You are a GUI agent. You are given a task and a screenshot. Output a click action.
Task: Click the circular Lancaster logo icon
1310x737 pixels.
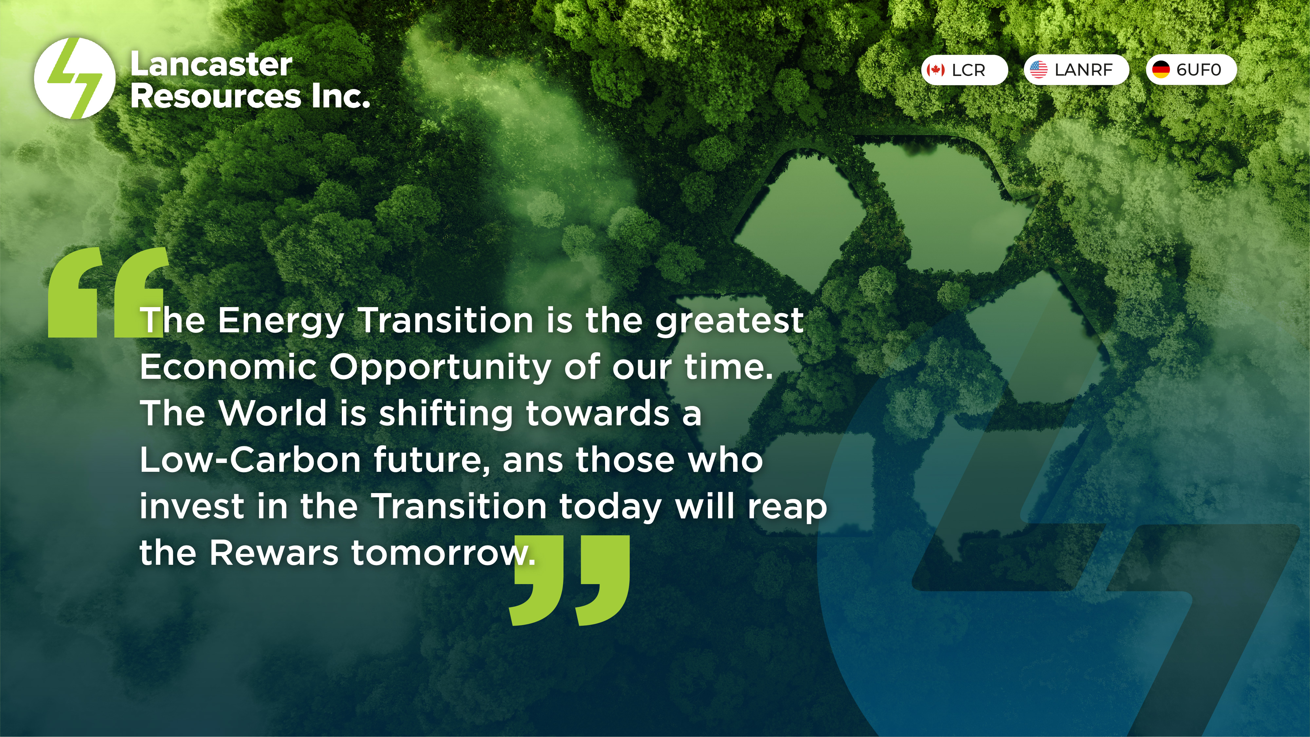click(x=74, y=78)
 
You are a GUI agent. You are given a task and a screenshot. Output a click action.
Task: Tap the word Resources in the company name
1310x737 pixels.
click(x=216, y=96)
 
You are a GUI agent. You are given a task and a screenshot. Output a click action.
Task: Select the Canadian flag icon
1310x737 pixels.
click(x=935, y=70)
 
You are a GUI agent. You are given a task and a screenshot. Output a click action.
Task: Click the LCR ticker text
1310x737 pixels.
click(x=968, y=70)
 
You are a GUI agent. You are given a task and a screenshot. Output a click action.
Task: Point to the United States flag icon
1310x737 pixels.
click(x=1039, y=70)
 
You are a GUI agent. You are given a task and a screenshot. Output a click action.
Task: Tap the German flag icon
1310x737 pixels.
click(x=1160, y=70)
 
